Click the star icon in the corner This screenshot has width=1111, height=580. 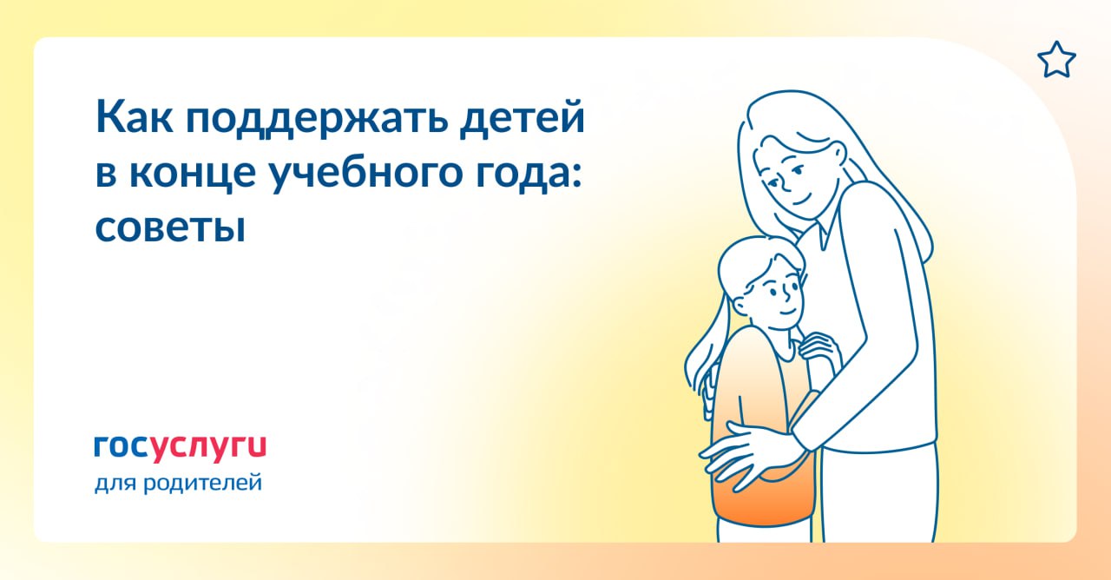pos(1056,60)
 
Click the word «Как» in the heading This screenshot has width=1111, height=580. pos(135,117)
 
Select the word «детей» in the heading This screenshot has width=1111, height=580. pos(523,118)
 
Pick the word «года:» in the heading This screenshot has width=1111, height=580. pos(529,175)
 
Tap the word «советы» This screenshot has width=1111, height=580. pos(170,228)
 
